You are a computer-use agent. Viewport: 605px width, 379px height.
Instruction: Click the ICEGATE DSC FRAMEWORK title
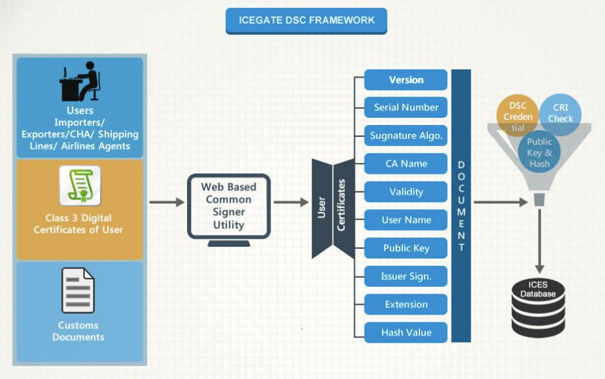[x=306, y=21]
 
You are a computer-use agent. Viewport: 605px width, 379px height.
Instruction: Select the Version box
[x=406, y=80]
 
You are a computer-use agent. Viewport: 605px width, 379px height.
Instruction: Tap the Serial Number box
[x=406, y=107]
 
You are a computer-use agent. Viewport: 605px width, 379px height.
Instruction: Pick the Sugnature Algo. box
[x=406, y=136]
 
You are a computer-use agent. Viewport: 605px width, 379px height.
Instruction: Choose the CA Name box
[x=406, y=163]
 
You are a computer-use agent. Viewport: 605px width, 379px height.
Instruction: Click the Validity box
[x=406, y=191]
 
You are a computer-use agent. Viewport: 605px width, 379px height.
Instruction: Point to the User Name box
[x=406, y=220]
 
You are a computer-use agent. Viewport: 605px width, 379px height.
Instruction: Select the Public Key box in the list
[x=406, y=248]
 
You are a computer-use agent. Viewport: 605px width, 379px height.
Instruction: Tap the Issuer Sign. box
[x=406, y=276]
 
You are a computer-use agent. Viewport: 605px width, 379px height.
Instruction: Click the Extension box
[x=406, y=304]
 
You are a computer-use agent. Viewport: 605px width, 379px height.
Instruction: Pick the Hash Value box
[x=406, y=332]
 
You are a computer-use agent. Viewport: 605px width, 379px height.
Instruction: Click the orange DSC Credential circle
[x=517, y=116]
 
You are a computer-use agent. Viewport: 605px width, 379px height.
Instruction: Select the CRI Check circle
[x=560, y=114]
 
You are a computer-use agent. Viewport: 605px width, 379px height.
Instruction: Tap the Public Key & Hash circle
[x=539, y=152]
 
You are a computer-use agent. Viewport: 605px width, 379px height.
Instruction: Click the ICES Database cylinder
[x=539, y=308]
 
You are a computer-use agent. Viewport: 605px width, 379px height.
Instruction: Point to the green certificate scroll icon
[x=80, y=186]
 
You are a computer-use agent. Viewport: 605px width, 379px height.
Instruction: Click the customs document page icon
[x=78, y=290]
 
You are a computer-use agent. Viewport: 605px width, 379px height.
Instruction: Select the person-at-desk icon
[x=80, y=81]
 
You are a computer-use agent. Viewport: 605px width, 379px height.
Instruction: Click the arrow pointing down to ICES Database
[x=539, y=241]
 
